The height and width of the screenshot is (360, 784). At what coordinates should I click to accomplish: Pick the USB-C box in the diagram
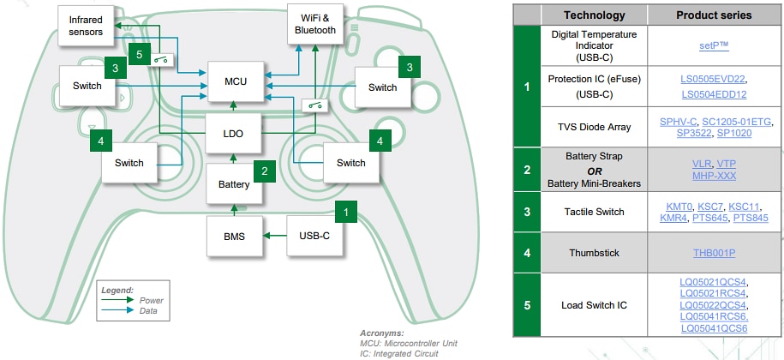point(314,234)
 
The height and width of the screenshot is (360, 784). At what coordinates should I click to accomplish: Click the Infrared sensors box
point(86,25)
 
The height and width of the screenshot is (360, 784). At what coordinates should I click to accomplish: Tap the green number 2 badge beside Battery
point(266,171)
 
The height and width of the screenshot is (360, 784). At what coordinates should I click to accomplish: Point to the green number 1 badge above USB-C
point(345,208)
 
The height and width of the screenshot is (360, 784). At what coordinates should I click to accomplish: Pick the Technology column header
point(593,15)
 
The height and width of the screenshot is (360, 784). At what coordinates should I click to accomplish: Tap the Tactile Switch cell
point(593,213)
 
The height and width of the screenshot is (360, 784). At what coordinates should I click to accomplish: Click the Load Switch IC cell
point(593,304)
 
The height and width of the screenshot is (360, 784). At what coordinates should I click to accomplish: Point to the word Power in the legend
point(151,300)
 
